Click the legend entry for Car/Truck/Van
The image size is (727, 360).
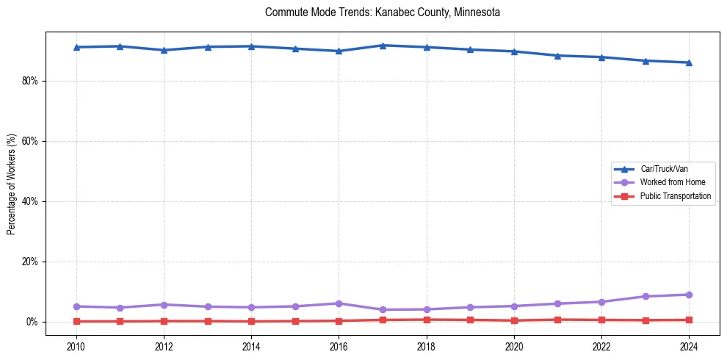664,168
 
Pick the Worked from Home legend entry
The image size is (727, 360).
669,182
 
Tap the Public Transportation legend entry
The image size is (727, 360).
675,196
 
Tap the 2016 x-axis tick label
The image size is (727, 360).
339,345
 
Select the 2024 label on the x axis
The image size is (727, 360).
689,345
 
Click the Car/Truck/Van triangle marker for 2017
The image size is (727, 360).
383,46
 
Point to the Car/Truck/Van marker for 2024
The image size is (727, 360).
689,62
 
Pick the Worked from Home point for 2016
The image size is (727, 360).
339,303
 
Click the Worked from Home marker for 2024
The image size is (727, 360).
689,295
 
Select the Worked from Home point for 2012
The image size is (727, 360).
164,305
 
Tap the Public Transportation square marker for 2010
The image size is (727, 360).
76,321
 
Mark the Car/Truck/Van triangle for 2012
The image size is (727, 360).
164,50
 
